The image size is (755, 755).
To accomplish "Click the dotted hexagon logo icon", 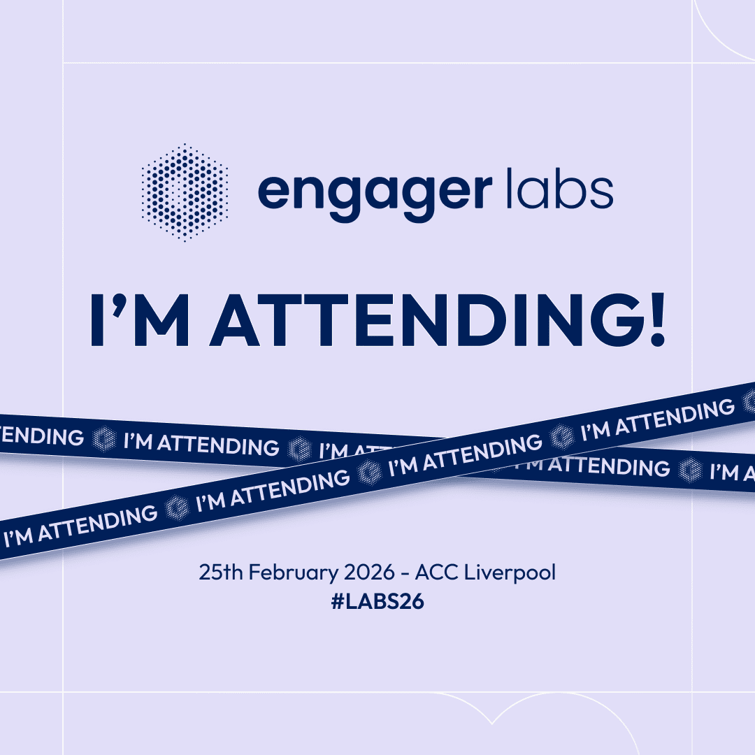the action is (x=185, y=192).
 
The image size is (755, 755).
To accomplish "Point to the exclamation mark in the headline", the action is (x=656, y=319).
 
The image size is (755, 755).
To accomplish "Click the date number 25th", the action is (x=220, y=572).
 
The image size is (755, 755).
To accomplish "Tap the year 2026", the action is (x=369, y=572).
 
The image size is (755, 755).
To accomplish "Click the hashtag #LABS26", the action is (x=377, y=602).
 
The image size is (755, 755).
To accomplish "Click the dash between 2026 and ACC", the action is (x=405, y=574).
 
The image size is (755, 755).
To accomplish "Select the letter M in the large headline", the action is (x=160, y=319).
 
